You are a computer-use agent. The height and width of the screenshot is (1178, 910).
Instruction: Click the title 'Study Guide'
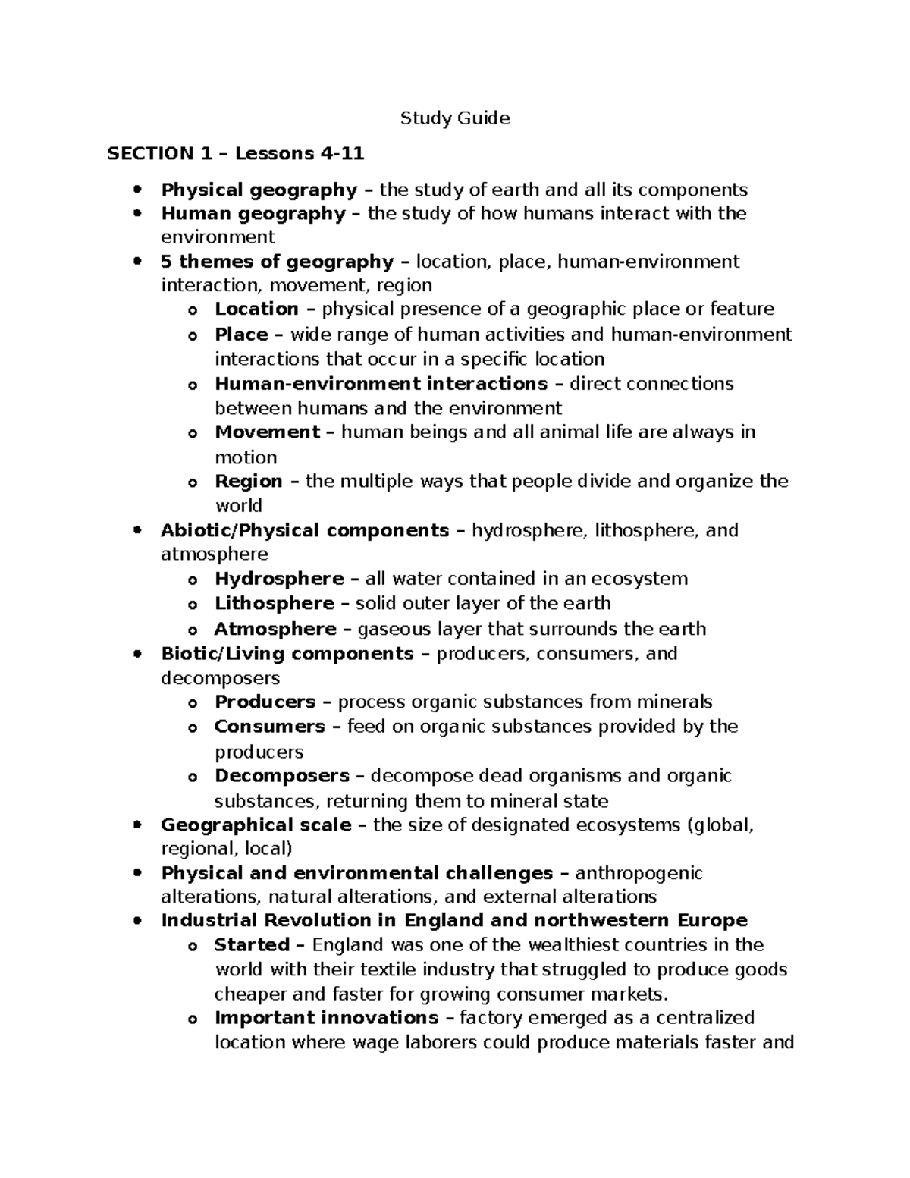click(455, 118)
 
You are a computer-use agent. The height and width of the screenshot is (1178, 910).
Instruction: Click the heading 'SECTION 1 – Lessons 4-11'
click(236, 154)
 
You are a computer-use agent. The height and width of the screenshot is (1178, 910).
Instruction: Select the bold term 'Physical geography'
click(259, 190)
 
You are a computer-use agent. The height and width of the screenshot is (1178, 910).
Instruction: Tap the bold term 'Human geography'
click(253, 214)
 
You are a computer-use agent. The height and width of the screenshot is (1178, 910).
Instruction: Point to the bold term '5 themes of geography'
click(277, 262)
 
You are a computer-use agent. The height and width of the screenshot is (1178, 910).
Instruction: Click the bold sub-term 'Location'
click(256, 309)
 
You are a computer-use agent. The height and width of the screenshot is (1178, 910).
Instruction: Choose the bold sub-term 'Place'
click(241, 335)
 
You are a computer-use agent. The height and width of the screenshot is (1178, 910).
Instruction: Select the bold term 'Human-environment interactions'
click(381, 383)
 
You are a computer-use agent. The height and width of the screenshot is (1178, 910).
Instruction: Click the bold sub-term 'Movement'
click(267, 432)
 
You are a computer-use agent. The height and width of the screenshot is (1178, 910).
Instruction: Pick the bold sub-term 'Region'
click(249, 482)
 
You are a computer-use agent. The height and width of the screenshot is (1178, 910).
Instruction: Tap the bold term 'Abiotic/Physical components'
click(305, 530)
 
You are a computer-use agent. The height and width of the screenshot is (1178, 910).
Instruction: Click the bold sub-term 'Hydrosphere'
click(279, 579)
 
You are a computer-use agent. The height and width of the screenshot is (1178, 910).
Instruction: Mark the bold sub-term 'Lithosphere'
click(275, 604)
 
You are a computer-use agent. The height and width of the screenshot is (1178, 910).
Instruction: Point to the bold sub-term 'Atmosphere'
click(275, 629)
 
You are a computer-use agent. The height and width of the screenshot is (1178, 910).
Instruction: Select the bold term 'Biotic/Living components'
click(287, 653)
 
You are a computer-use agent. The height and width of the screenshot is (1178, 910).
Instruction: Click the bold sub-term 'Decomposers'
click(281, 776)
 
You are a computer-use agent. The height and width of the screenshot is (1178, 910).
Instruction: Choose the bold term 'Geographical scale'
click(256, 825)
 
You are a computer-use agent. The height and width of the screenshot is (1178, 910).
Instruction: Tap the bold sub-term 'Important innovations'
click(326, 1017)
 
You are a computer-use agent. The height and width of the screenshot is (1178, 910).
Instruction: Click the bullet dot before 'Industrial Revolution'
click(137, 921)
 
